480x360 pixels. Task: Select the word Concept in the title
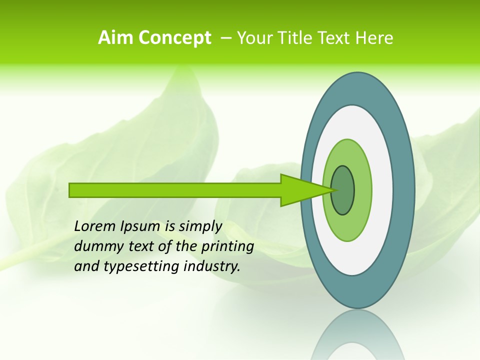tap(174, 38)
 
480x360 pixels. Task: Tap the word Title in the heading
tap(301, 38)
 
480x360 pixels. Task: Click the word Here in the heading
tap(374, 38)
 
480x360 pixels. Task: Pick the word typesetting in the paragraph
tap(142, 266)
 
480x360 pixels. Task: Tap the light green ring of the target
tap(362, 190)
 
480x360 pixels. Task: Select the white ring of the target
tap(382, 190)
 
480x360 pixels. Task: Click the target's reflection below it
tap(357, 337)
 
